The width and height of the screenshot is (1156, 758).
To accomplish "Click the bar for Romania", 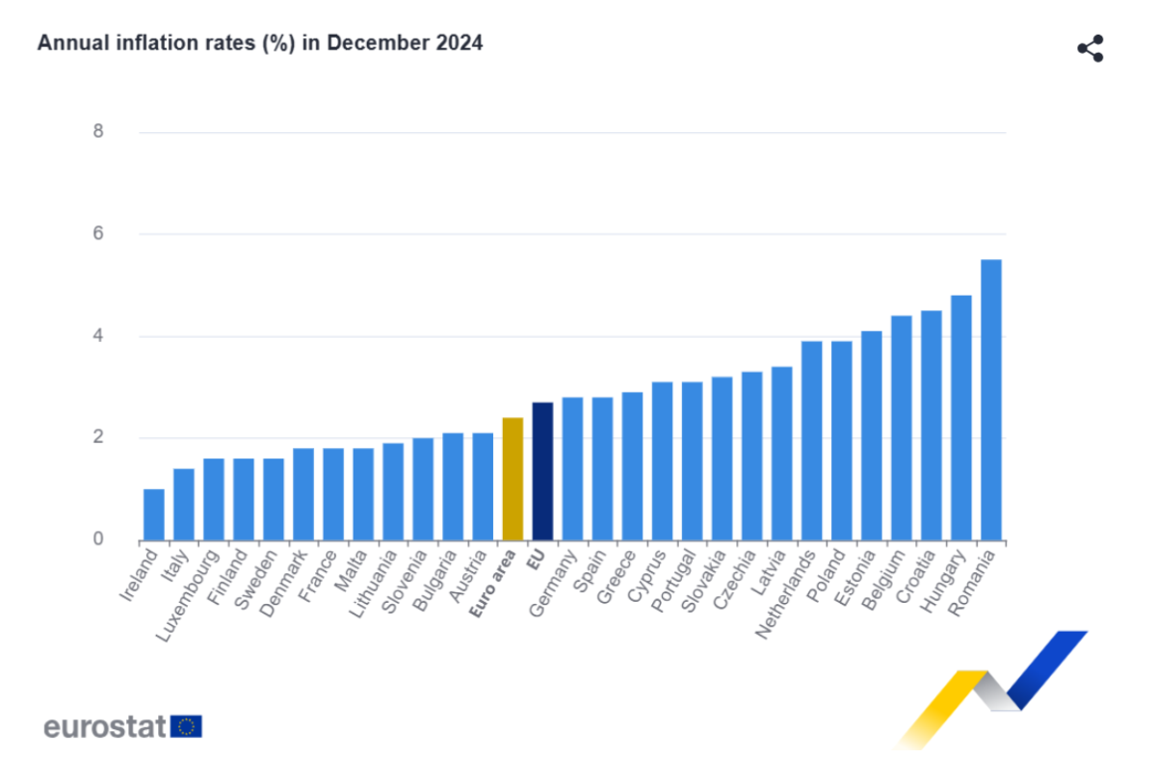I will coord(990,400).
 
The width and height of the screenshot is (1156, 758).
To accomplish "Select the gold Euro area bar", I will coord(512,479).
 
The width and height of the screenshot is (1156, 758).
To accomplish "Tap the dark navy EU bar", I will coord(542,471).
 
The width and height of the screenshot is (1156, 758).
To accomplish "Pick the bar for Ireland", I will coord(154,514).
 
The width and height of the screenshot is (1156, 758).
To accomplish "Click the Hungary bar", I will coord(960,417).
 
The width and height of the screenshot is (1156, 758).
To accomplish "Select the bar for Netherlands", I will coord(811,440).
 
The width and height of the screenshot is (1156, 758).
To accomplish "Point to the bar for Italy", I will coord(184,504).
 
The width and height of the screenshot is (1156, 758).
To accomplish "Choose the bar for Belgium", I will coord(901,428).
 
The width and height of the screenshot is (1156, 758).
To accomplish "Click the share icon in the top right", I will coord(1090,49).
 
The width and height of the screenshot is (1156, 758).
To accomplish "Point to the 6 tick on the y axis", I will coord(98,234).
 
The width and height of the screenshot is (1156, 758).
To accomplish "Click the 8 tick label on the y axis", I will coord(98,132).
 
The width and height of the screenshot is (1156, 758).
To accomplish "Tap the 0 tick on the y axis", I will coord(98,539).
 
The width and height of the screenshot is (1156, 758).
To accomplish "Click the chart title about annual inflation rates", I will coord(260,43).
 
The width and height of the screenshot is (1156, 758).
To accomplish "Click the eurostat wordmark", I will coord(105,726).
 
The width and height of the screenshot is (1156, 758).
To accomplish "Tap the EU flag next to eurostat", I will coord(186,726).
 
